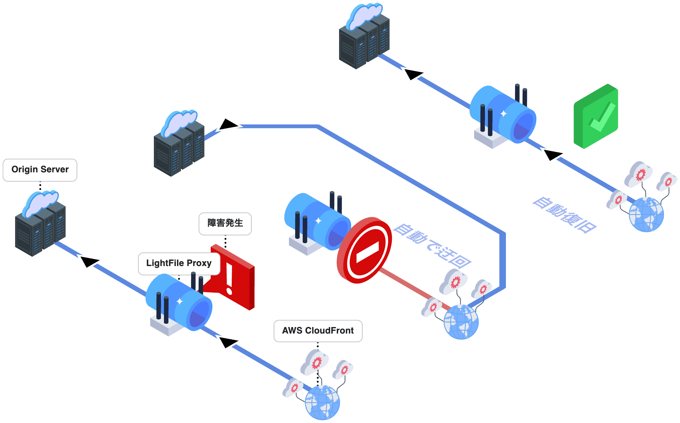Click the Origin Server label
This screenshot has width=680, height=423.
40,170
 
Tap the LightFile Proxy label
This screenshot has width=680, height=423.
179,263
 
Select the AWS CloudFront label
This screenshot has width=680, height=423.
318,331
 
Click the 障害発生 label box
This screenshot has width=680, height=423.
225,223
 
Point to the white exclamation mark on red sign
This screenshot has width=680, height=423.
229,279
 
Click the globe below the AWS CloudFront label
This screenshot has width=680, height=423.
322,402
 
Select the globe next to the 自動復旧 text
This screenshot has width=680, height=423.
646,215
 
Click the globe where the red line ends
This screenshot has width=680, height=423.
461,322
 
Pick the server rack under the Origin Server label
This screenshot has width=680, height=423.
40,226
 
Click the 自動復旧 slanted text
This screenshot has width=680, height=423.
564,215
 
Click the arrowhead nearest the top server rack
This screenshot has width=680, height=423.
413,74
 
